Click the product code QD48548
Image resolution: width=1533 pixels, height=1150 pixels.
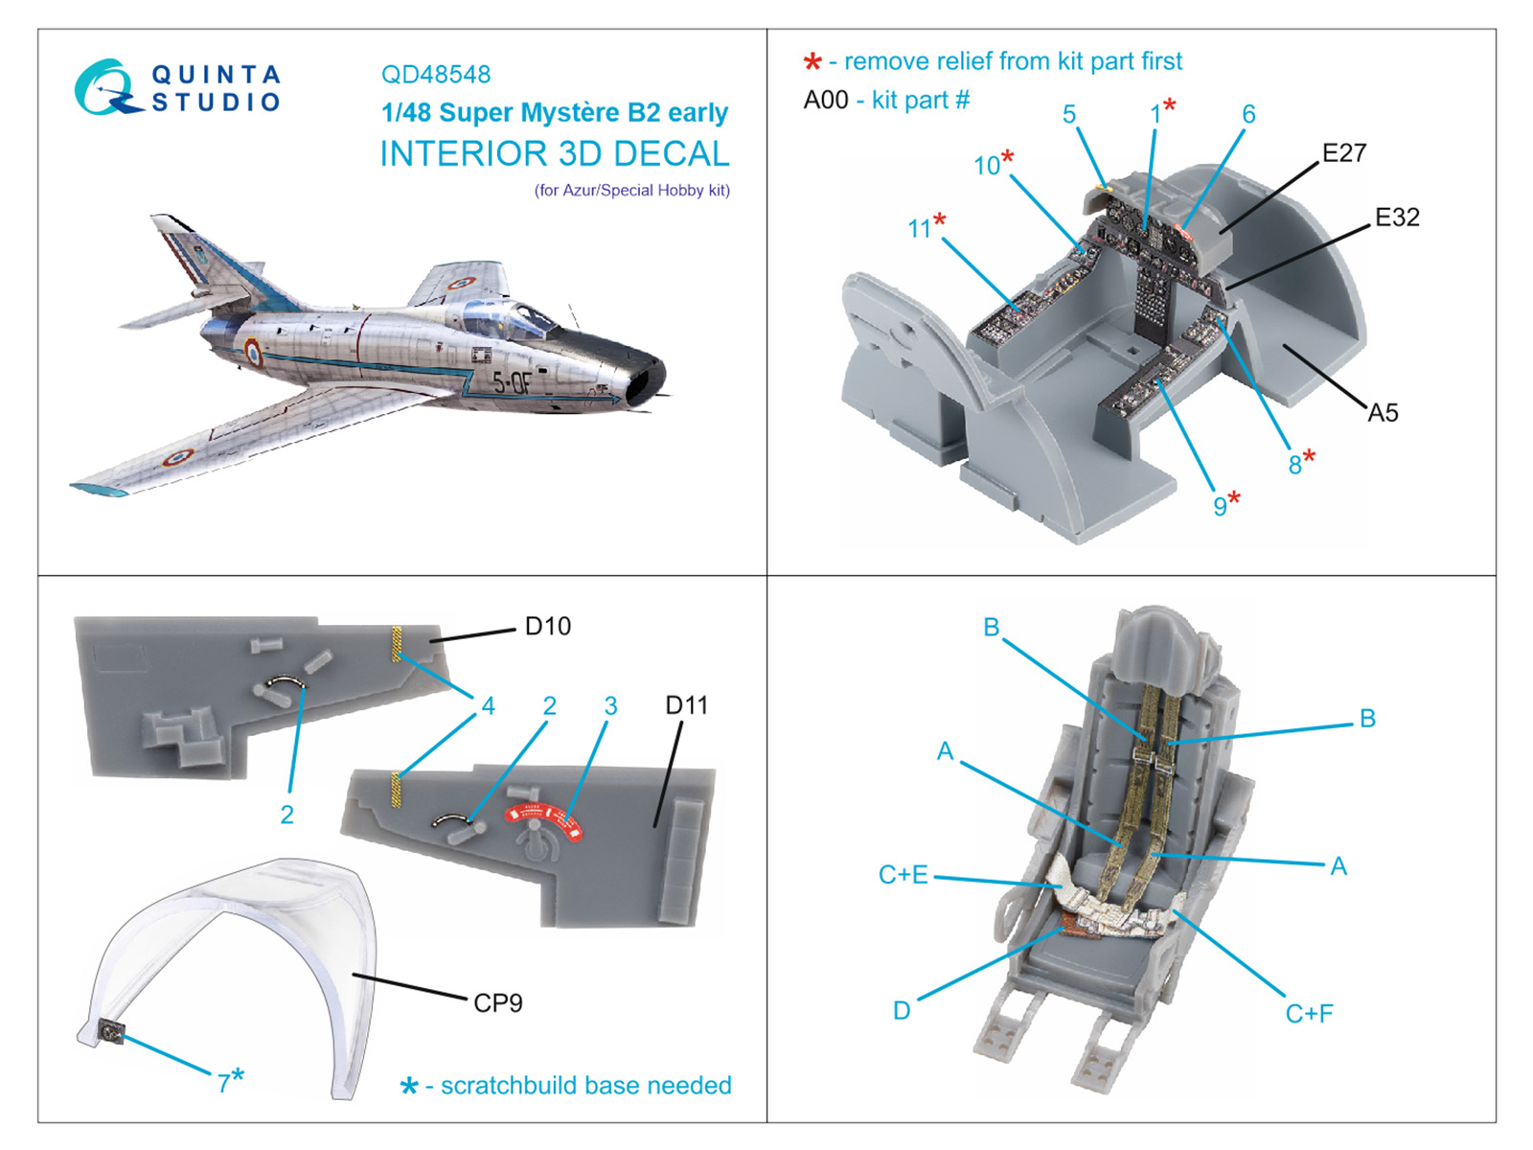(435, 75)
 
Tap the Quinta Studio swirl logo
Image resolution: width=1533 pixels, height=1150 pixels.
(103, 87)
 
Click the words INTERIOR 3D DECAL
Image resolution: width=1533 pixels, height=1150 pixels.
(554, 154)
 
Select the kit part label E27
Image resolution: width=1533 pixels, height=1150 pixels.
(1343, 153)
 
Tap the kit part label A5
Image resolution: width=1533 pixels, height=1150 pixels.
(1382, 413)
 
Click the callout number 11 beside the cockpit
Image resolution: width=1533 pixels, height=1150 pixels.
(919, 228)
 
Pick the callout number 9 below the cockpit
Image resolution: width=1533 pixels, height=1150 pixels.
(1219, 506)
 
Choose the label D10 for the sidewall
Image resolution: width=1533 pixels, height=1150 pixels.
(547, 627)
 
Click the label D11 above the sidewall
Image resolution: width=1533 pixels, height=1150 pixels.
(686, 706)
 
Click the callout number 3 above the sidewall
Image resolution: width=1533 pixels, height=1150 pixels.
(610, 706)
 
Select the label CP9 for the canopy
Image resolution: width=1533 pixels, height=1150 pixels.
(497, 1003)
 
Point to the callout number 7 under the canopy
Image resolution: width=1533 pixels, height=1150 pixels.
(223, 1083)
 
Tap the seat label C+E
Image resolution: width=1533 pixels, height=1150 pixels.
(903, 875)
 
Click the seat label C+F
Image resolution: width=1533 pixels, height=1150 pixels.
(1309, 1014)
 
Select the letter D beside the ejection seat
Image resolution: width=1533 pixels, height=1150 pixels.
(901, 1011)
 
